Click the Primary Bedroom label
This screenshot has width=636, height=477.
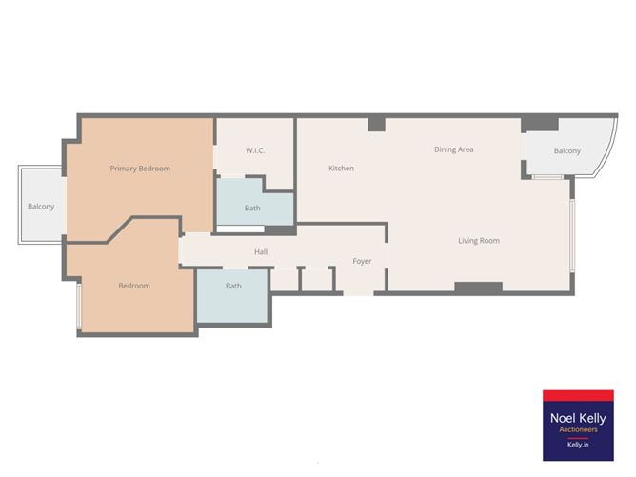coord(140,169)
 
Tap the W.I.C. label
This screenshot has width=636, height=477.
coord(254,150)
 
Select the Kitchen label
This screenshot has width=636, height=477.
coord(341,169)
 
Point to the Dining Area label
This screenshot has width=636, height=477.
coord(453,149)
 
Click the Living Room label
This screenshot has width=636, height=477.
coord(478,241)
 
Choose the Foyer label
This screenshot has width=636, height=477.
coord(362,261)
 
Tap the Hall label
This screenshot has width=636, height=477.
coord(261,252)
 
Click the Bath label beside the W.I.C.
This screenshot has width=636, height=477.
coord(252,208)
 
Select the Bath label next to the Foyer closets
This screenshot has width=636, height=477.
coord(233,286)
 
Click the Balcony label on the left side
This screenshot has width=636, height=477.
coord(41,207)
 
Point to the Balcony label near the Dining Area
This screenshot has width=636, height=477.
coord(567,150)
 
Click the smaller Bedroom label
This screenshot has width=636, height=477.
coord(134,286)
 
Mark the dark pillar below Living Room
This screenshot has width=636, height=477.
coord(478,287)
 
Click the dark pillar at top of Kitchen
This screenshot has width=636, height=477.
coord(376,123)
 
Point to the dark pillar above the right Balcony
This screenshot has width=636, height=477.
coord(540,123)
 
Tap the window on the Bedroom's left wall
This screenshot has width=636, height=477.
coord(79,307)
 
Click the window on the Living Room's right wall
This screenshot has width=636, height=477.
coord(572,233)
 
